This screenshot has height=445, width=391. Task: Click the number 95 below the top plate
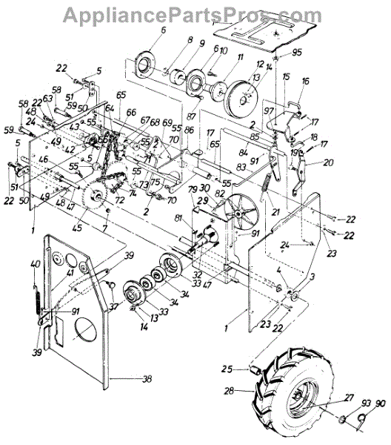point(298,52)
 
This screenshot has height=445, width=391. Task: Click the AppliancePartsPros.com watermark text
point(195,13)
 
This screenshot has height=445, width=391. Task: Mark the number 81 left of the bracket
point(178,217)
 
